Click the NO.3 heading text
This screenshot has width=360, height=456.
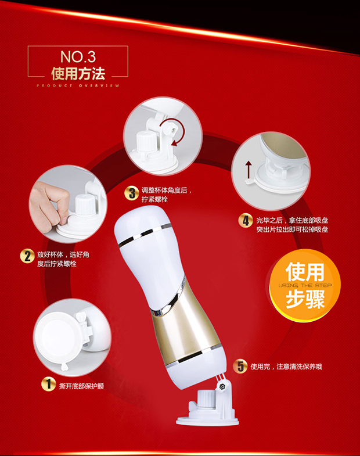(x=78, y=57)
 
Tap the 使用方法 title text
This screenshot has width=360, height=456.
(x=78, y=74)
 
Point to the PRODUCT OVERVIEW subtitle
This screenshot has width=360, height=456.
(x=78, y=86)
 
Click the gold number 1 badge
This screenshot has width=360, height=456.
(x=48, y=384)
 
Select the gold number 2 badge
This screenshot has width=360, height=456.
(x=27, y=256)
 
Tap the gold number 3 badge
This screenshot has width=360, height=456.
(x=132, y=193)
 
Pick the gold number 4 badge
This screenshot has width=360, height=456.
(x=246, y=221)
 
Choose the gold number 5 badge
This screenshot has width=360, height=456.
(x=240, y=366)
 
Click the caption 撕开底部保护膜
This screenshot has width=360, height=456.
(x=81, y=386)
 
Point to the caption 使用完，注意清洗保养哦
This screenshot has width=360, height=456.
(x=286, y=367)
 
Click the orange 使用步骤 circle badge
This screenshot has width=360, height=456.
(x=305, y=285)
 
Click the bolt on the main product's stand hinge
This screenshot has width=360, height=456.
(x=223, y=386)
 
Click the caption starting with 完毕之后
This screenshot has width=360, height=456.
(x=292, y=225)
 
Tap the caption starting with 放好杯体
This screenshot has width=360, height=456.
(x=63, y=259)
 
